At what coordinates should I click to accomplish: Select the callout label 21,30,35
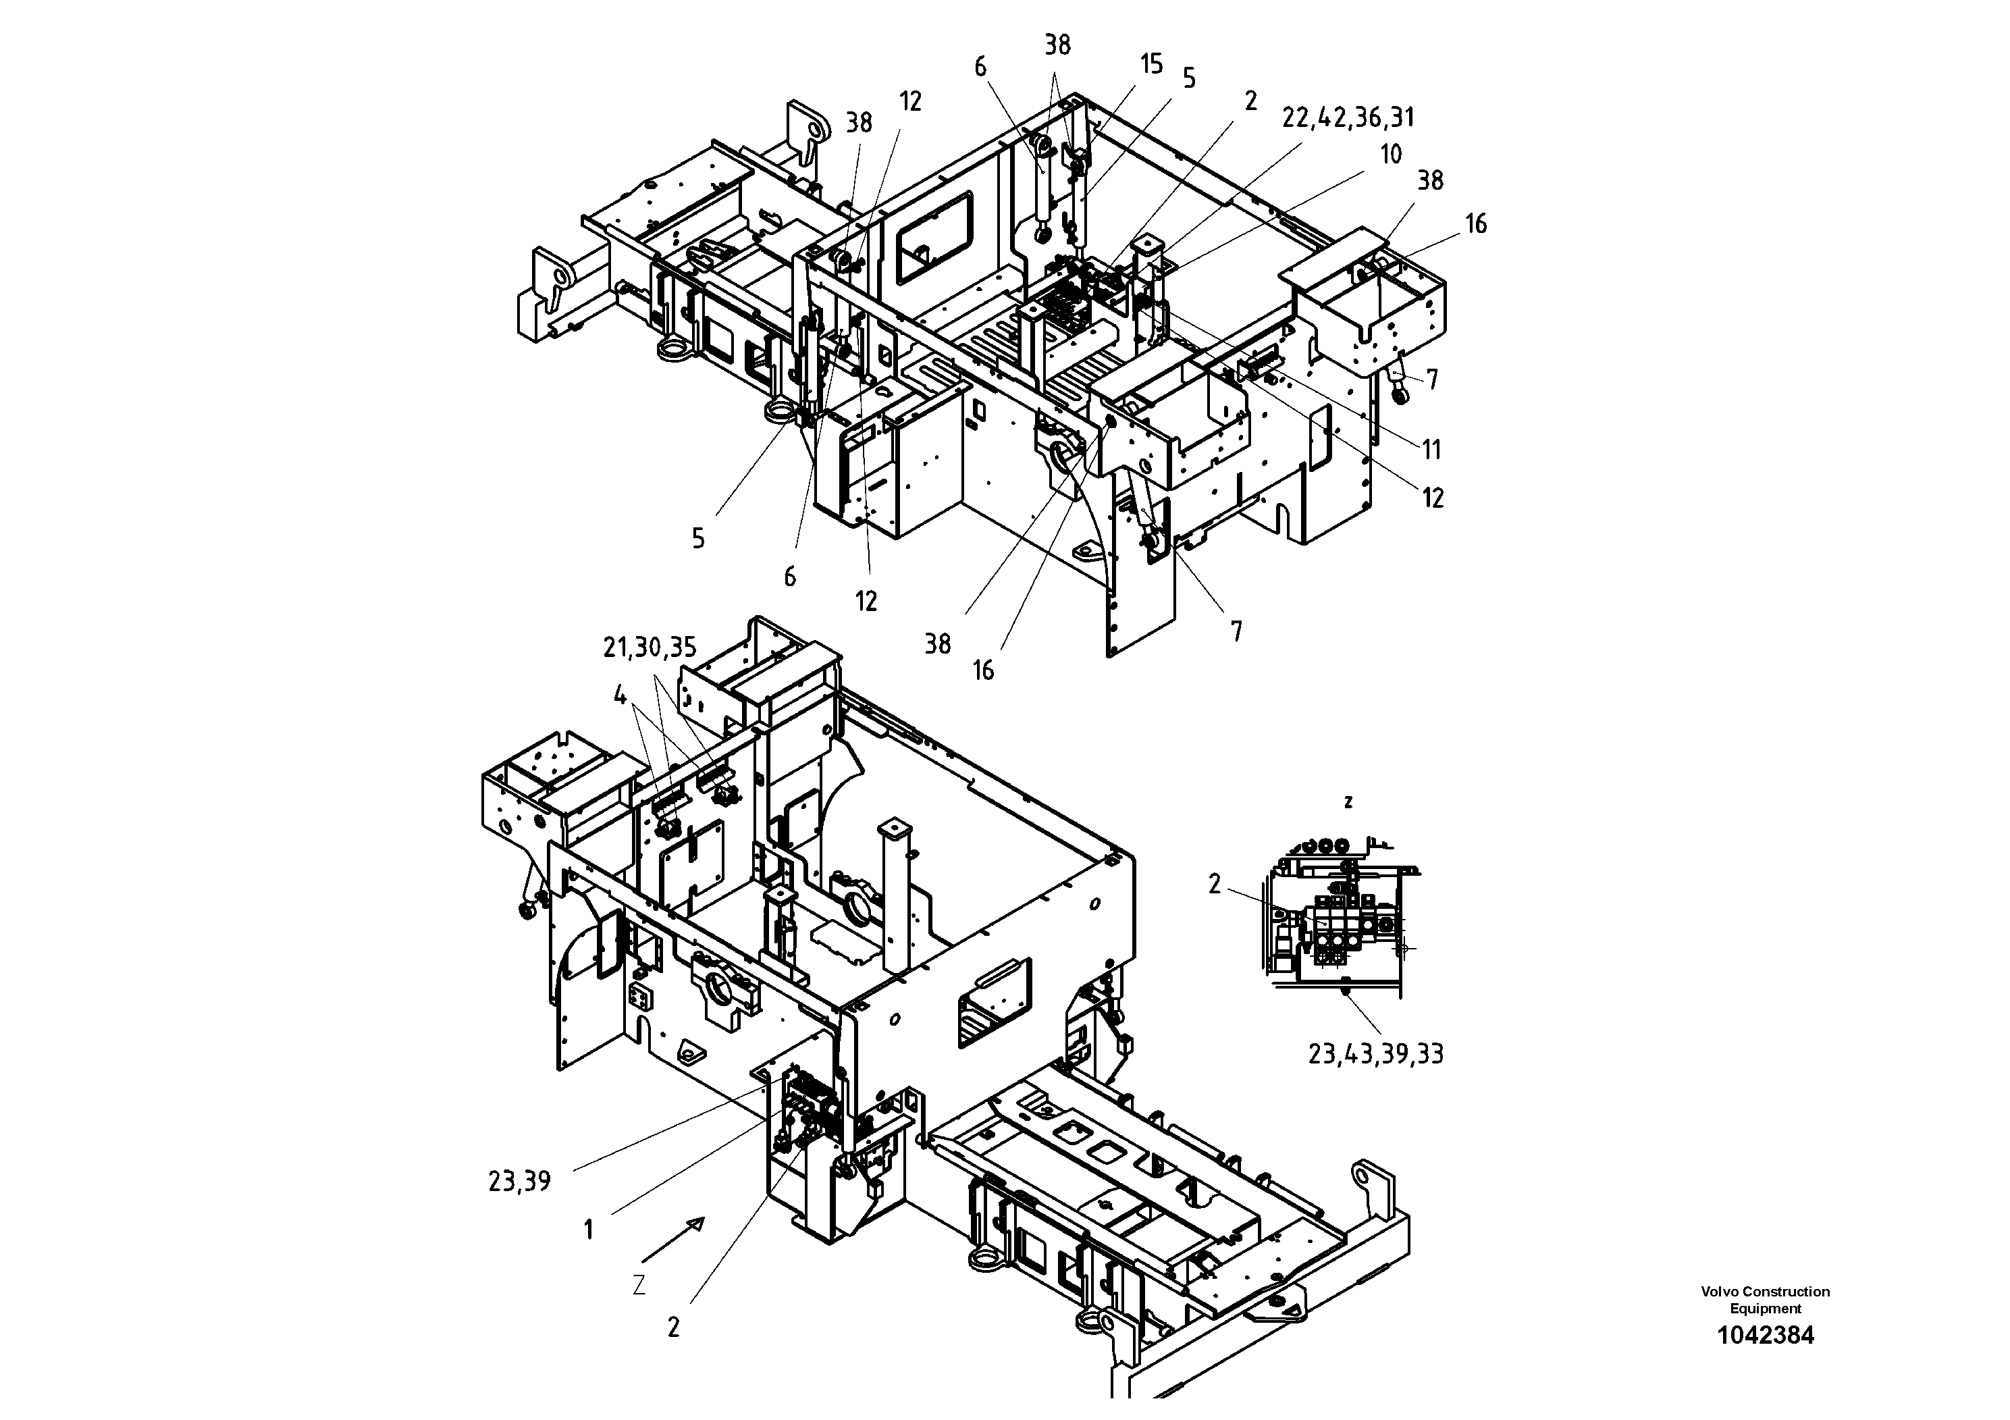pyautogui.click(x=650, y=648)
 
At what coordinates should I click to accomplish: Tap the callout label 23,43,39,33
pyautogui.click(x=1375, y=1054)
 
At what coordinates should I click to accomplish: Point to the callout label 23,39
pyautogui.click(x=519, y=1182)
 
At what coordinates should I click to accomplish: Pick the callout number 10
pyautogui.click(x=1391, y=154)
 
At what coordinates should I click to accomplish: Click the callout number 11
pyautogui.click(x=1431, y=450)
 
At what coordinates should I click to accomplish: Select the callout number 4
pyautogui.click(x=620, y=696)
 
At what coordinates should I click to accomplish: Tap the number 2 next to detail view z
pyautogui.click(x=1214, y=885)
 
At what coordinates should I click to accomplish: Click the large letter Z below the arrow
pyautogui.click(x=639, y=1285)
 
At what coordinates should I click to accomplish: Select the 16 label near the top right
pyautogui.click(x=1476, y=224)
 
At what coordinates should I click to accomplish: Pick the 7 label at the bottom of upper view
pyautogui.click(x=1236, y=631)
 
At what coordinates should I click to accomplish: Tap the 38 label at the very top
pyautogui.click(x=1057, y=45)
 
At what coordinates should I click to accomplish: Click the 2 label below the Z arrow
pyautogui.click(x=672, y=1328)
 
